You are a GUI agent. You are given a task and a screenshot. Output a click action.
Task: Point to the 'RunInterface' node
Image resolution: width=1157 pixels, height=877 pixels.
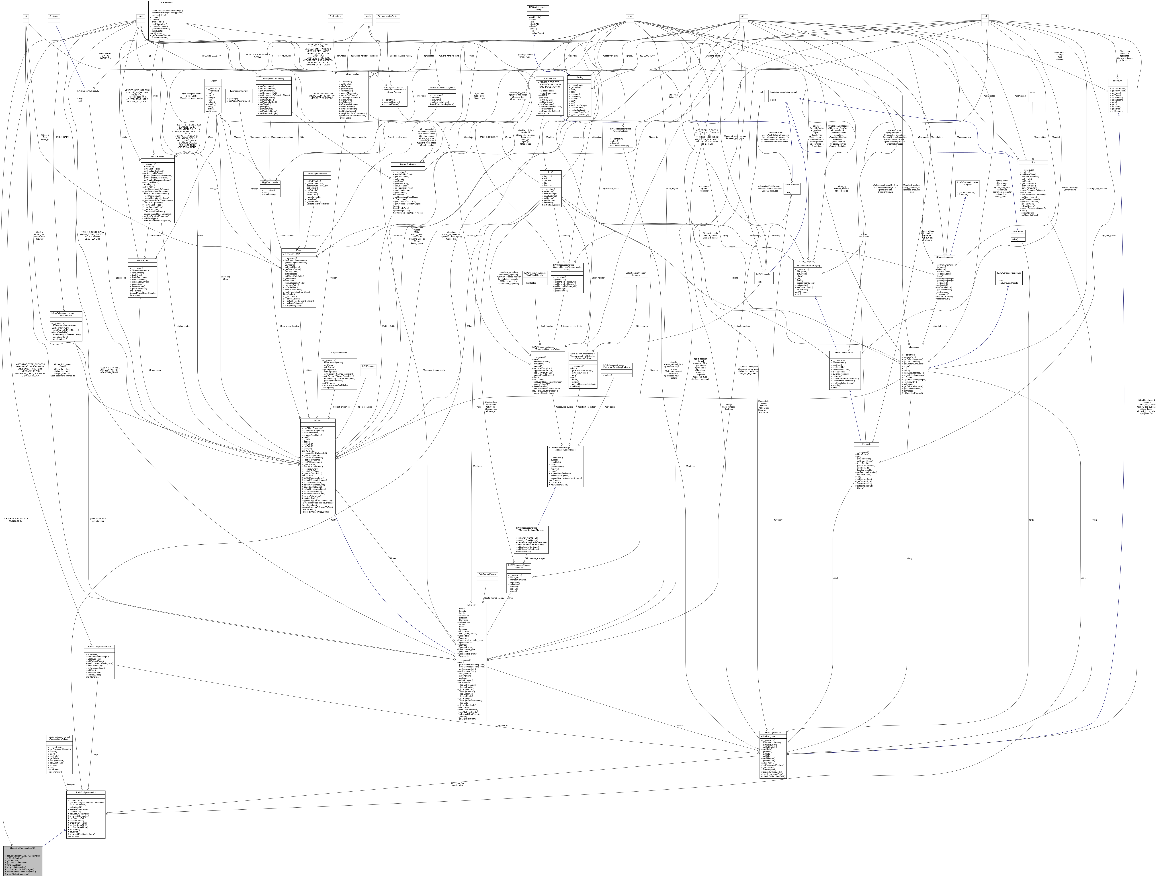(335, 16)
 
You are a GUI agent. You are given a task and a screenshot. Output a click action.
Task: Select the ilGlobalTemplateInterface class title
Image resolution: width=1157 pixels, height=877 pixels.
(99, 647)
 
